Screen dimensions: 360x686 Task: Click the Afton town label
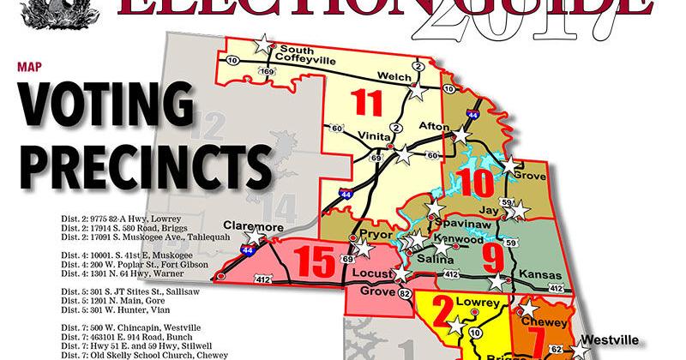433,125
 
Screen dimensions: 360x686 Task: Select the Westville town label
608,338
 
